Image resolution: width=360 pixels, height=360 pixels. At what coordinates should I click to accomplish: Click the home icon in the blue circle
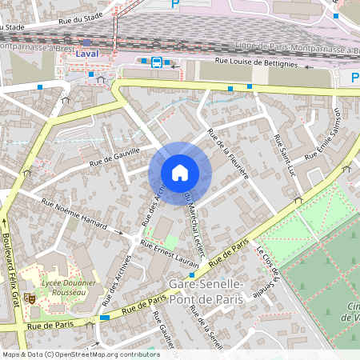(x=180, y=173)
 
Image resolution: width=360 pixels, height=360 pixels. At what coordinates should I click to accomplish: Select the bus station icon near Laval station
(x=156, y=62)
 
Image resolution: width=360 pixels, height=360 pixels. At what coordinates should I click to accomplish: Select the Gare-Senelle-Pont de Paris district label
(x=207, y=291)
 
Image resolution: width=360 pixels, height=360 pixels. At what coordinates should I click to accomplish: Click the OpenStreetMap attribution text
(x=80, y=354)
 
